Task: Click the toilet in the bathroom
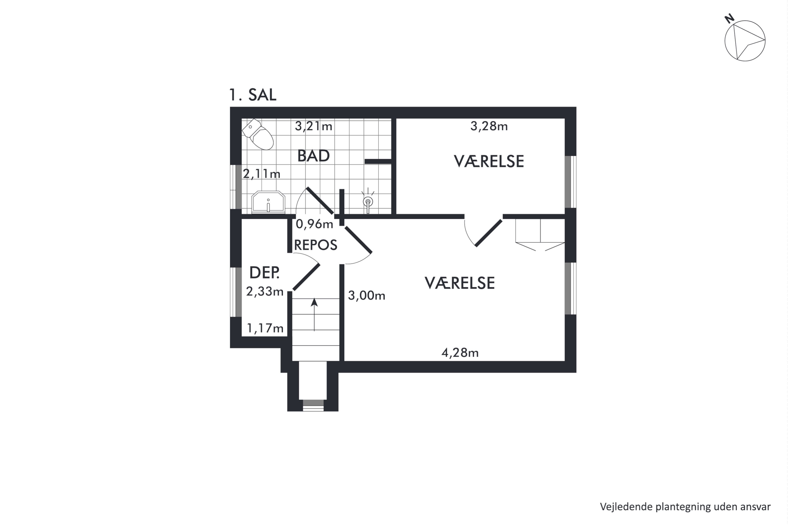tap(259, 135)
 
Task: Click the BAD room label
tap(313, 156)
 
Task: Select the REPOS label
tap(315, 245)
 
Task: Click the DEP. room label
tap(264, 273)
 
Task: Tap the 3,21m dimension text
tap(313, 126)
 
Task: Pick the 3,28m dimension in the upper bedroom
tap(489, 126)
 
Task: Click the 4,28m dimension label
tap(460, 353)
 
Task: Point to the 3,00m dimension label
tap(366, 296)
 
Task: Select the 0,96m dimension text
tap(314, 224)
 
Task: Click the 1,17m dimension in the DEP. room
tap(265, 328)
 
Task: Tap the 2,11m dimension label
tap(261, 174)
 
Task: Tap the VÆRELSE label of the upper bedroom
tap(489, 161)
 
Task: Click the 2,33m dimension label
tap(265, 292)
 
